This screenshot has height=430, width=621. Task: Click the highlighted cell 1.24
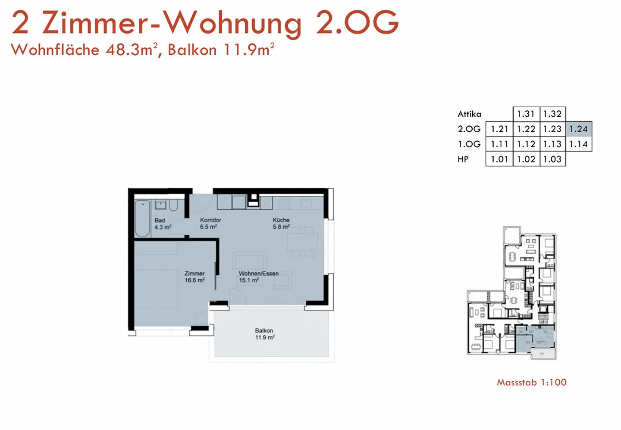pyautogui.click(x=579, y=129)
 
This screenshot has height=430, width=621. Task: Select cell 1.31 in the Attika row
pyautogui.click(x=526, y=114)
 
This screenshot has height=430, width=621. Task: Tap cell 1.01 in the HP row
pyautogui.click(x=499, y=159)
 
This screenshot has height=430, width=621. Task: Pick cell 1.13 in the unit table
pyautogui.click(x=552, y=144)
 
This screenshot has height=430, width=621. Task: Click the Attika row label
pyautogui.click(x=469, y=114)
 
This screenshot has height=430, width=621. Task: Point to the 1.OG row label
pyautogui.click(x=469, y=144)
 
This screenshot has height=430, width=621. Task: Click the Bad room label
pyautogui.click(x=160, y=221)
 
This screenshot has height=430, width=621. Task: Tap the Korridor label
pyautogui.click(x=210, y=220)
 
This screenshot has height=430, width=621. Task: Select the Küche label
pyautogui.click(x=281, y=220)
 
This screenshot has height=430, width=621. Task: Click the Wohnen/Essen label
pyautogui.click(x=258, y=274)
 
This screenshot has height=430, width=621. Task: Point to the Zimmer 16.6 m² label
pyautogui.click(x=194, y=277)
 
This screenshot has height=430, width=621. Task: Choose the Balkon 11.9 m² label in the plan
pyautogui.click(x=264, y=334)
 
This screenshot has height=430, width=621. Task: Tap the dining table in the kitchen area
pyautogui.click(x=303, y=242)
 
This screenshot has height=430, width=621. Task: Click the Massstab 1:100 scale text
pyautogui.click(x=531, y=382)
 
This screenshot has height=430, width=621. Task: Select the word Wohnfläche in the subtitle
pyautogui.click(x=55, y=50)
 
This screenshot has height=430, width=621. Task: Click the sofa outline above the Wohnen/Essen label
pyautogui.click(x=249, y=262)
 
